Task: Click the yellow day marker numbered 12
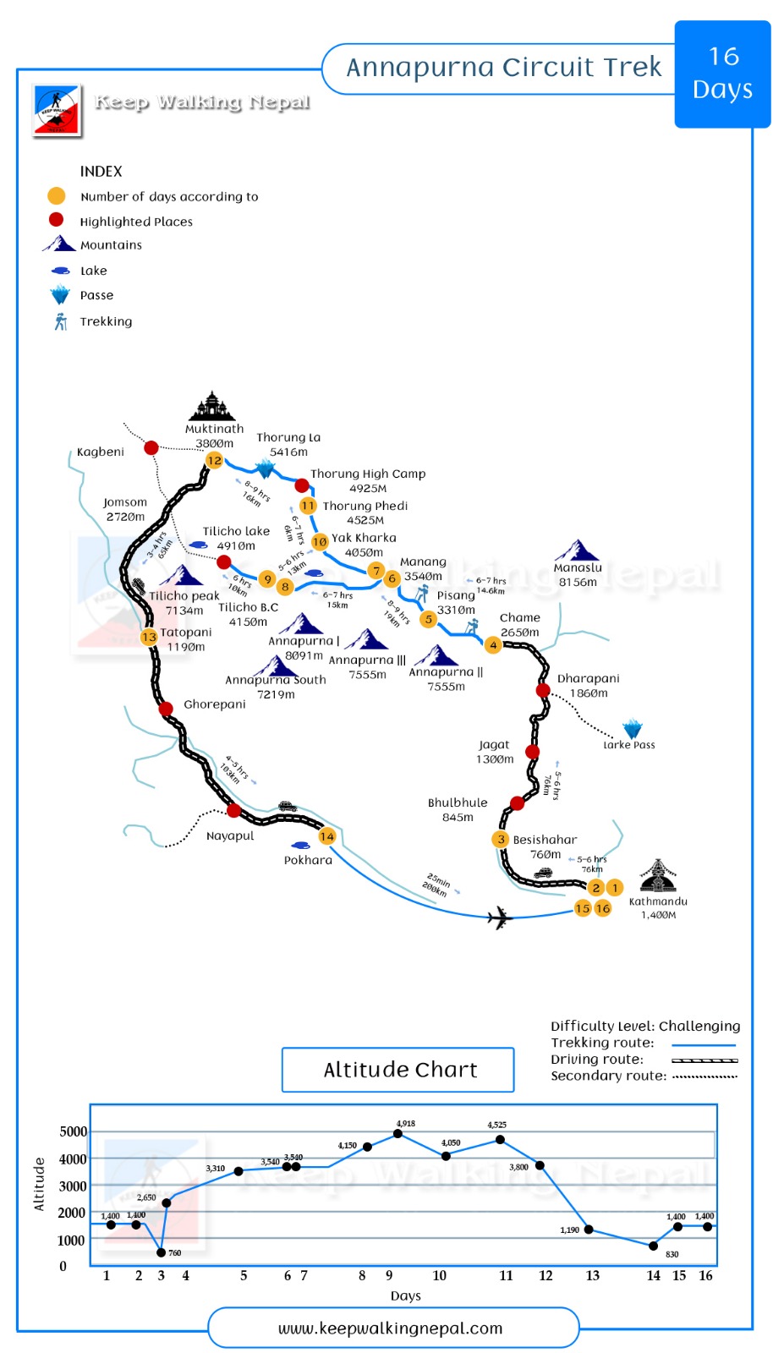[214, 461]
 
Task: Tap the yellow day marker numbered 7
[376, 571]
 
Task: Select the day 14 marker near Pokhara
[327, 836]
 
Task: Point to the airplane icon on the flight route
[501, 917]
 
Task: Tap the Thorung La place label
[288, 445]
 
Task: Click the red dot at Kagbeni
[151, 447]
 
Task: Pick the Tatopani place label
[186, 639]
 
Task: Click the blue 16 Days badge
[722, 74]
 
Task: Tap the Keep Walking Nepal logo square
[57, 111]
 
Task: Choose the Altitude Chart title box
[398, 1070]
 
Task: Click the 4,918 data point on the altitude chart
[397, 1133]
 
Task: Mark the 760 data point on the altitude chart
[162, 1252]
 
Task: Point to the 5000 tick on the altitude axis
[73, 1131]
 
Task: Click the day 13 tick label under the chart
[592, 1275]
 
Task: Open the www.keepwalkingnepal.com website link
[391, 1328]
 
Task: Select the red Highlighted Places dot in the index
[57, 220]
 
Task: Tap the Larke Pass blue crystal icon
[632, 729]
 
